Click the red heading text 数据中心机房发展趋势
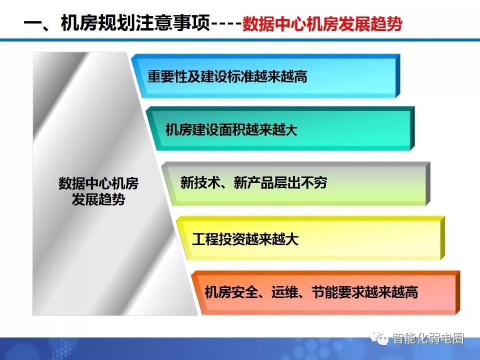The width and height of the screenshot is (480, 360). point(322,23)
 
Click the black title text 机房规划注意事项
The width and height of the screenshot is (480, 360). point(135,23)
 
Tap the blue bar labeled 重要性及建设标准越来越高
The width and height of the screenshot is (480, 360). point(266,76)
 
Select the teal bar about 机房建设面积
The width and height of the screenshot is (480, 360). point(280,129)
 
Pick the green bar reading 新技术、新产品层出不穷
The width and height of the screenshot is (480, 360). point(296,183)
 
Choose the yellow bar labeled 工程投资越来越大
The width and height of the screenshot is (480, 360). point(310,238)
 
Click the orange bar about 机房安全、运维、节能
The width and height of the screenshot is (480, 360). point(325,292)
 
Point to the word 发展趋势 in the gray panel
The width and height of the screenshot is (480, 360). point(98,200)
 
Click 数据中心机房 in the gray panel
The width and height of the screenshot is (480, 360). point(98,183)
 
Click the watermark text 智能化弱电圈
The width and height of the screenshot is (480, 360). point(428,338)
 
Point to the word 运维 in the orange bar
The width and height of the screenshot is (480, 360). point(284,292)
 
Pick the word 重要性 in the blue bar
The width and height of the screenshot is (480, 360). point(167,76)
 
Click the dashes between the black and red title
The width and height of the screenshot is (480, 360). point(226,24)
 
